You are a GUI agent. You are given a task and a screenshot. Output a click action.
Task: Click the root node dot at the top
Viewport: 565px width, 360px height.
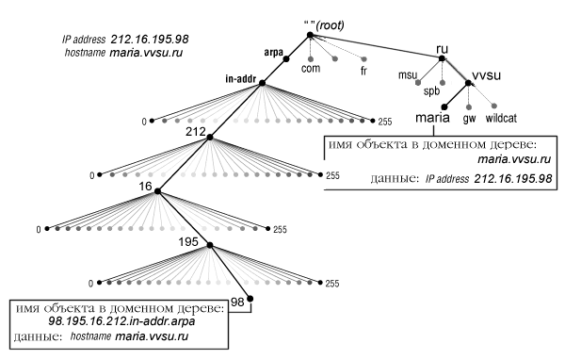pos(309,37)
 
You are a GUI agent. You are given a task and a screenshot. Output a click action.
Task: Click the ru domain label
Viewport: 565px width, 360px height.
pos(444,48)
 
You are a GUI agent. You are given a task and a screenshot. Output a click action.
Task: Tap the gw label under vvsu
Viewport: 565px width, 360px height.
pos(469,121)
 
